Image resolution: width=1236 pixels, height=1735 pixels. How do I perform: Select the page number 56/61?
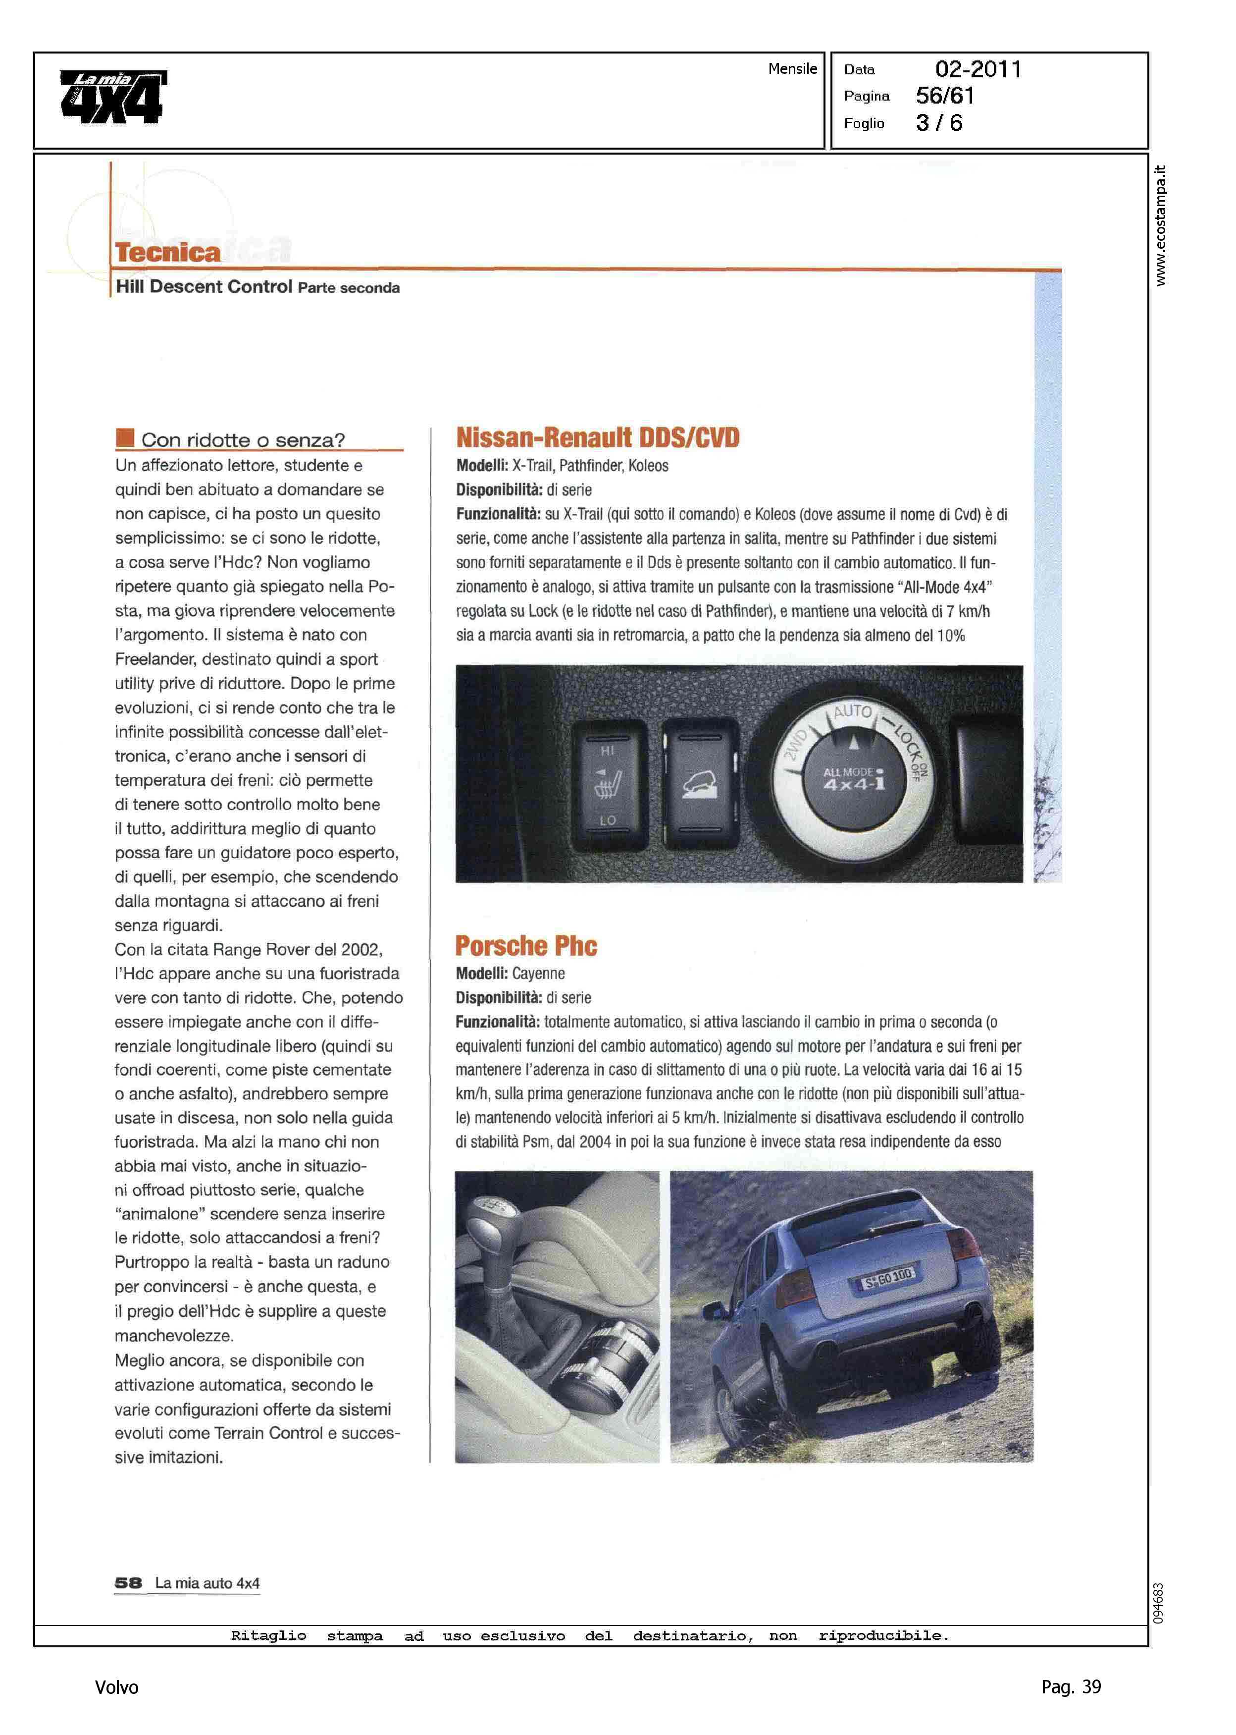[944, 96]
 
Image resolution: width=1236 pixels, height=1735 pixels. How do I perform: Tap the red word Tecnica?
[167, 252]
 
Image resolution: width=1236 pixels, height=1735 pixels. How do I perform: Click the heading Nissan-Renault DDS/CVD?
[598, 438]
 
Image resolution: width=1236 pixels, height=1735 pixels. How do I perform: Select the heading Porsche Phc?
[526, 946]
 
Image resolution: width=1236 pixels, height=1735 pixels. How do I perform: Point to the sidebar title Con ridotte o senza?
[243, 440]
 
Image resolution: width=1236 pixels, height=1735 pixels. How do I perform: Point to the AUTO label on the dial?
[852, 712]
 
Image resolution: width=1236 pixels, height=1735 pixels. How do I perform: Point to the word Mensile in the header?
[792, 68]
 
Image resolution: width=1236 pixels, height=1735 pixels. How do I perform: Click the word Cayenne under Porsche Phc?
[538, 974]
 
